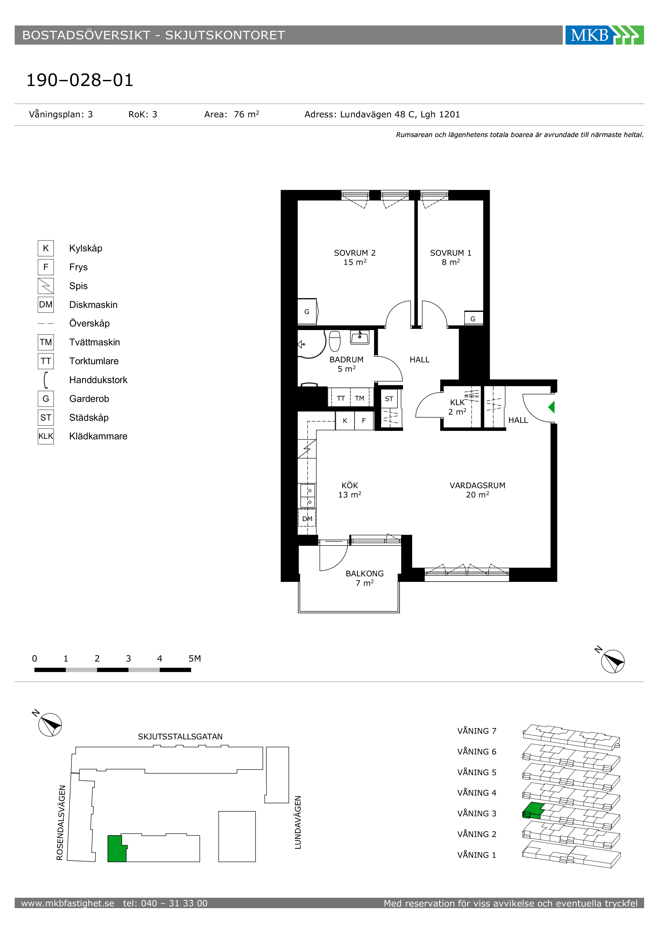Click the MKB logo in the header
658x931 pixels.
tap(604, 35)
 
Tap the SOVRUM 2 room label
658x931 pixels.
tap(355, 253)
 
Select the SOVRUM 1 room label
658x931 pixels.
tap(451, 253)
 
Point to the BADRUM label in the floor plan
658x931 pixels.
tap(347, 359)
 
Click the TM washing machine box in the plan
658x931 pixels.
tap(360, 398)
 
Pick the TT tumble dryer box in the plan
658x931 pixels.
tap(341, 398)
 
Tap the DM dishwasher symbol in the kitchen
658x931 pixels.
tap(307, 519)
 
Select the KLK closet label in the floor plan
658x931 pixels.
tap(457, 402)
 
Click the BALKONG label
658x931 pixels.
tap(365, 573)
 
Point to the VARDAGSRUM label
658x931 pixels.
tap(477, 485)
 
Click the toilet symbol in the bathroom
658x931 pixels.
tap(335, 341)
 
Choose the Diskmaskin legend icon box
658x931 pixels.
tap(46, 304)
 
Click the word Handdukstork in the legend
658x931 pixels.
tap(98, 380)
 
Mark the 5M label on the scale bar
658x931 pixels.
tap(194, 659)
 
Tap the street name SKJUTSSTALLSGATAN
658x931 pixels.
tap(180, 736)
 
